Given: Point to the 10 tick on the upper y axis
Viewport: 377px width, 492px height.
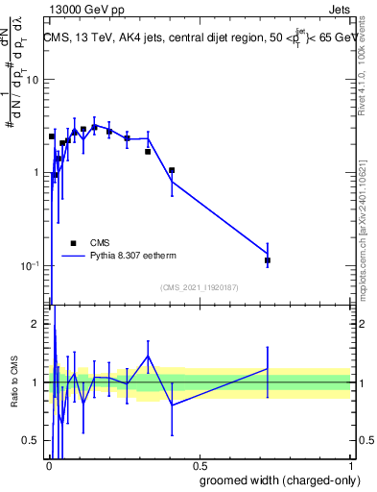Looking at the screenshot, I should coord(33,80).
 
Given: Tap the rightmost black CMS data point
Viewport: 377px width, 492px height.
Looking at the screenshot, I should coord(268,260).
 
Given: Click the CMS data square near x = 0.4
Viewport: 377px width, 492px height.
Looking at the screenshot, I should coord(172,170).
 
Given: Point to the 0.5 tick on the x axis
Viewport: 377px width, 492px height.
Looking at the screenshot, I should coord(199,465).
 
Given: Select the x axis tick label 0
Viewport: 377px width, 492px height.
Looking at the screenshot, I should coord(49,465).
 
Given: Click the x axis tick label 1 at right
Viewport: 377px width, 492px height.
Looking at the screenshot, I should coord(350,465).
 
